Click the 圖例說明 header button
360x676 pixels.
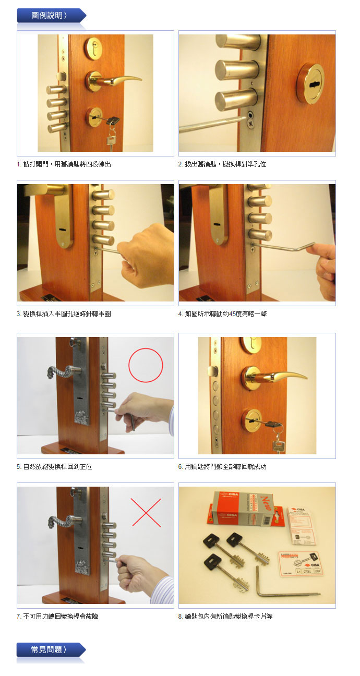click(51, 16)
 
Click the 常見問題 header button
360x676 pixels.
click(51, 649)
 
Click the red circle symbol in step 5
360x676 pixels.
click(146, 365)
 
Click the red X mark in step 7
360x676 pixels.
click(146, 513)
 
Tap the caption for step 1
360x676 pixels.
click(64, 164)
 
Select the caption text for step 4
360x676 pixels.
click(222, 314)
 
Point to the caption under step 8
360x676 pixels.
click(225, 616)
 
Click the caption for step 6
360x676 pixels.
click(222, 467)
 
